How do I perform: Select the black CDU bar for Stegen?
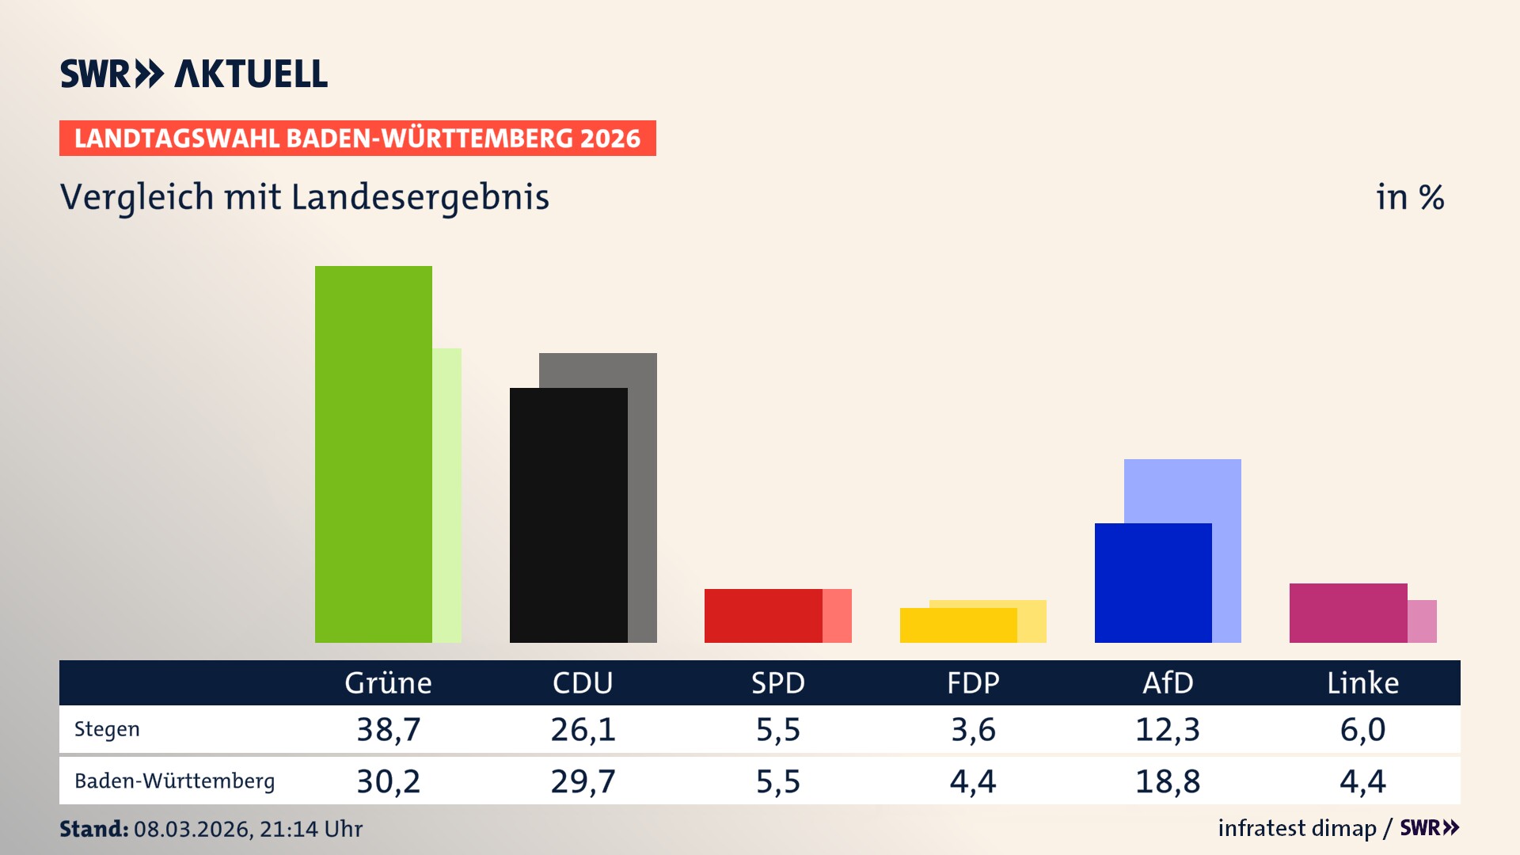[x=568, y=515]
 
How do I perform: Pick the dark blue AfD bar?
[x=1153, y=583]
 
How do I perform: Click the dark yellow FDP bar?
[x=958, y=625]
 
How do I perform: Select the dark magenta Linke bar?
[x=1347, y=613]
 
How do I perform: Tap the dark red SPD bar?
[x=762, y=616]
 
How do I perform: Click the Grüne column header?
[x=388, y=682]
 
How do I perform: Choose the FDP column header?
[x=973, y=682]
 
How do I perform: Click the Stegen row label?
[x=107, y=729]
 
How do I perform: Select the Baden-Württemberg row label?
[x=174, y=781]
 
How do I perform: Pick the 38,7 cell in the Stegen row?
[x=388, y=729]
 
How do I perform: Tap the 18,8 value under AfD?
[x=1168, y=781]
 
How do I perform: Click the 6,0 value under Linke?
[x=1362, y=729]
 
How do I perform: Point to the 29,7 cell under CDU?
[x=583, y=781]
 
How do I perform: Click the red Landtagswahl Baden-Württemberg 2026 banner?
[x=357, y=138]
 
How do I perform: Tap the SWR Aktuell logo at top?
[x=194, y=74]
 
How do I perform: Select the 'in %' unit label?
[x=1409, y=197]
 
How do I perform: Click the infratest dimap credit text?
[x=1297, y=828]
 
